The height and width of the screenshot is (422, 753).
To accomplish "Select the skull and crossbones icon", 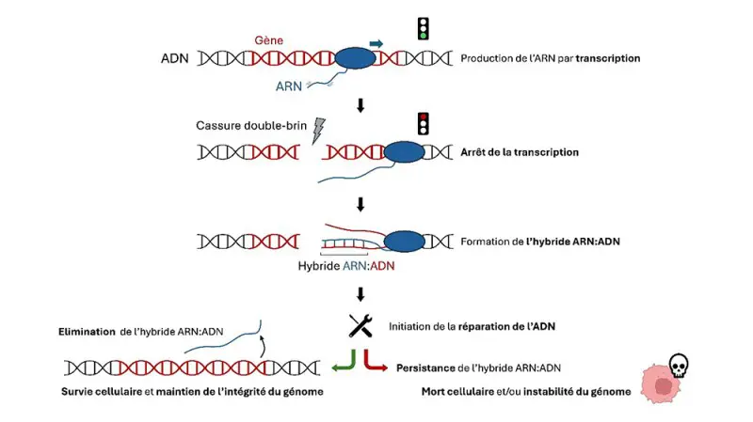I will coord(677,365).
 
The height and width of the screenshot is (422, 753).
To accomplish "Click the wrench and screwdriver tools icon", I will coord(360,325).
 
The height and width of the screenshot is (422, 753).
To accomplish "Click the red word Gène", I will coord(268,40).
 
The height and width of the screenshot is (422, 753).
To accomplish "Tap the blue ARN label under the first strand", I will coord(289,86).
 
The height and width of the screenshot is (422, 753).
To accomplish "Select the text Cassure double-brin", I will coord(250,126).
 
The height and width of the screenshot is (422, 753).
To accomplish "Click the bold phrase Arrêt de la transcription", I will coord(520,151).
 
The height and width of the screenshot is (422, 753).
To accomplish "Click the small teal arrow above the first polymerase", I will coord(376,42).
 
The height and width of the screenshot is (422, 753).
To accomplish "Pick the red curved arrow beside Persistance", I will coord(375,363).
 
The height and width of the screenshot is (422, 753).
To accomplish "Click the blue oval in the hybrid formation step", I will coord(404,241).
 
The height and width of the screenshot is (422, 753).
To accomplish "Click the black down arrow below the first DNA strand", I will coord(360,104).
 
